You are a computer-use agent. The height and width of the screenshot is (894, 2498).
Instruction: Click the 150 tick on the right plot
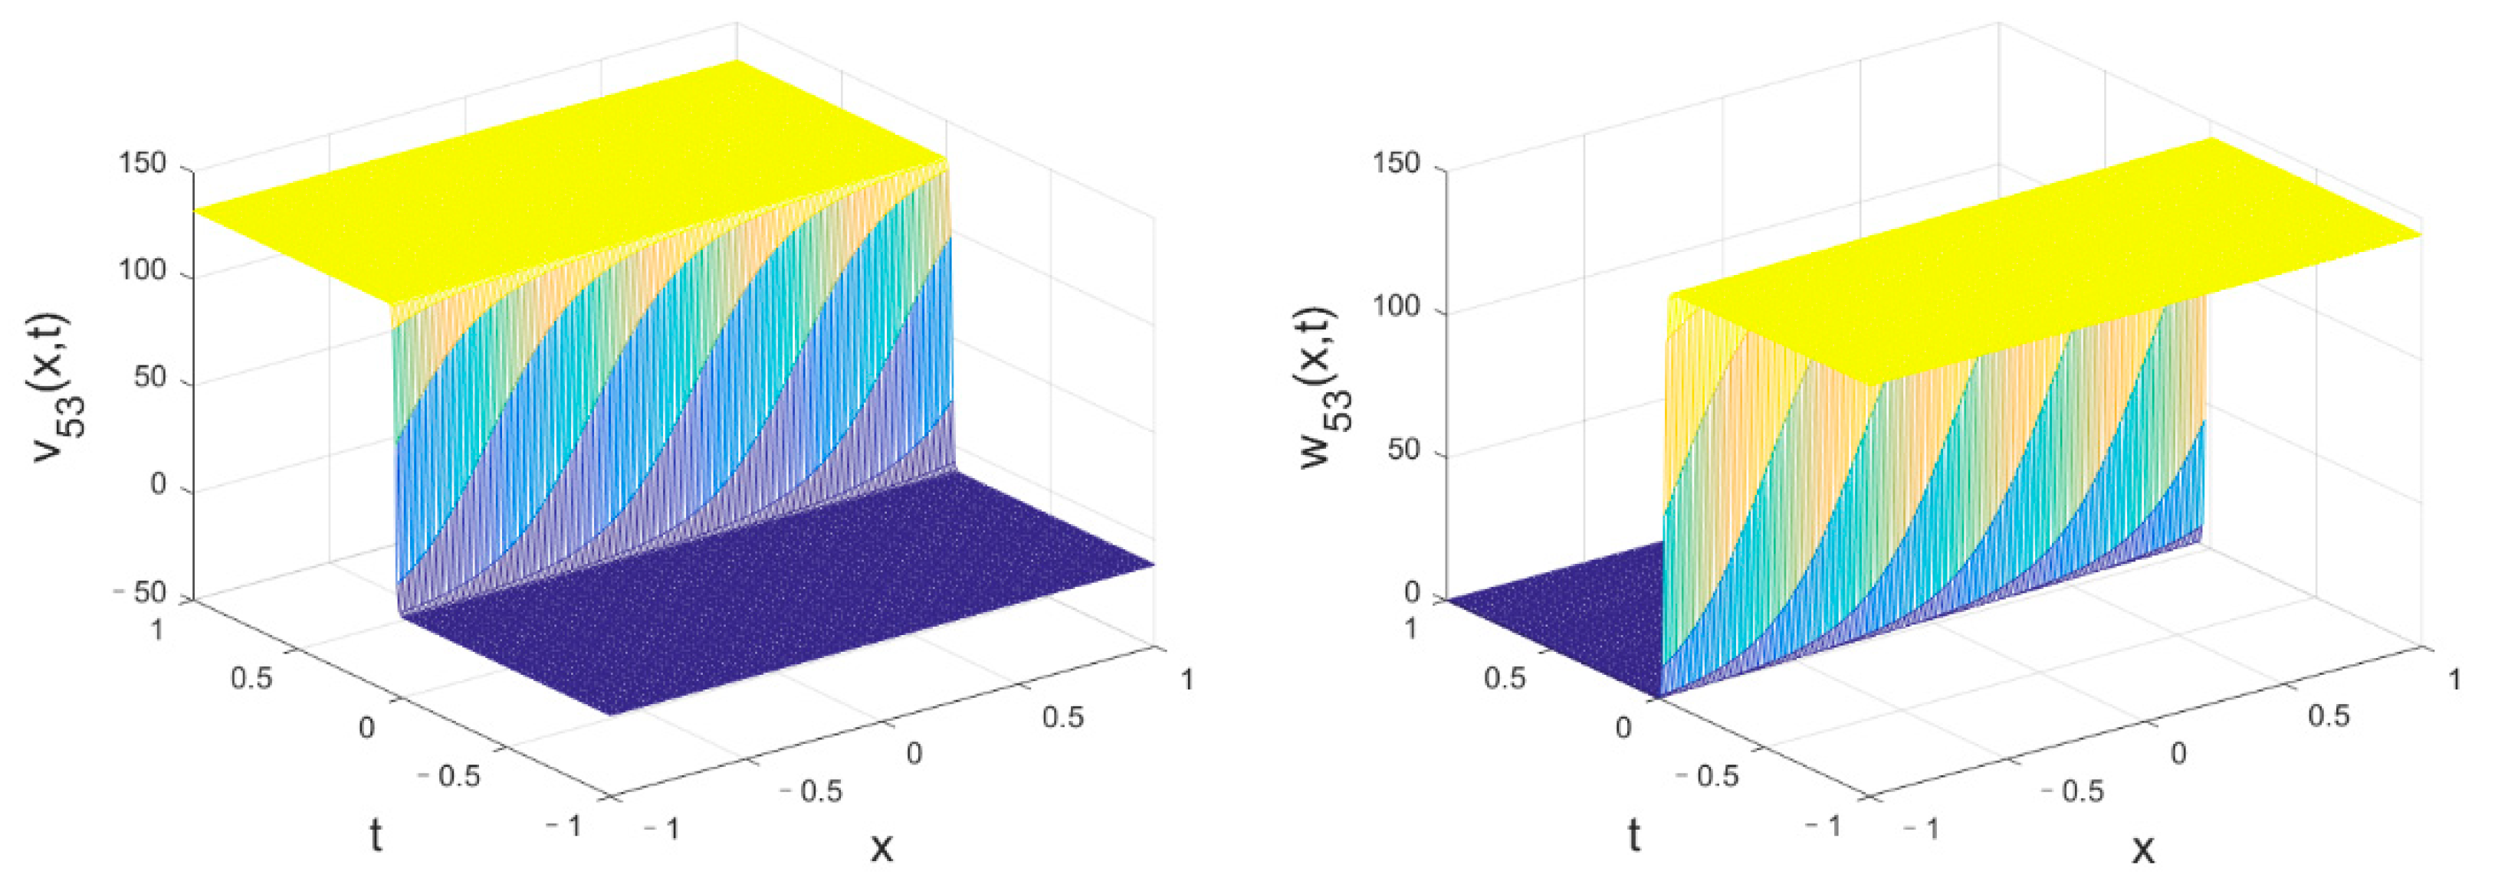(1397, 163)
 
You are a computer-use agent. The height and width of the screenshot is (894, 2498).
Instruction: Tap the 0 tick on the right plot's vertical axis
(1413, 592)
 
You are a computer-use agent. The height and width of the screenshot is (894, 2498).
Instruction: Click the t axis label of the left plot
(376, 835)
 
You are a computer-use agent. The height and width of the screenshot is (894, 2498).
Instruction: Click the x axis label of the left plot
(881, 847)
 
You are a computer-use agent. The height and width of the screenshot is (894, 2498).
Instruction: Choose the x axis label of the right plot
(2143, 850)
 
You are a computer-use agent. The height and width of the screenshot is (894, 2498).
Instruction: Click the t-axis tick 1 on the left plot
(157, 630)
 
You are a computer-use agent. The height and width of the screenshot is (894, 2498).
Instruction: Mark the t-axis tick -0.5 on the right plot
(1708, 776)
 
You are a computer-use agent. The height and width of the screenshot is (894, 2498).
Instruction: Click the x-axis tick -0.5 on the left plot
(812, 791)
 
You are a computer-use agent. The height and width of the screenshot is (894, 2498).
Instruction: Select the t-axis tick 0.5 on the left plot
(251, 678)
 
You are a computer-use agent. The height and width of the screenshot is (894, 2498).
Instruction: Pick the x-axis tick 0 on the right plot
(2178, 753)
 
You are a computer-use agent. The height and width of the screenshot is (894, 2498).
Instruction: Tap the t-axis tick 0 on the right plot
(1623, 727)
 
